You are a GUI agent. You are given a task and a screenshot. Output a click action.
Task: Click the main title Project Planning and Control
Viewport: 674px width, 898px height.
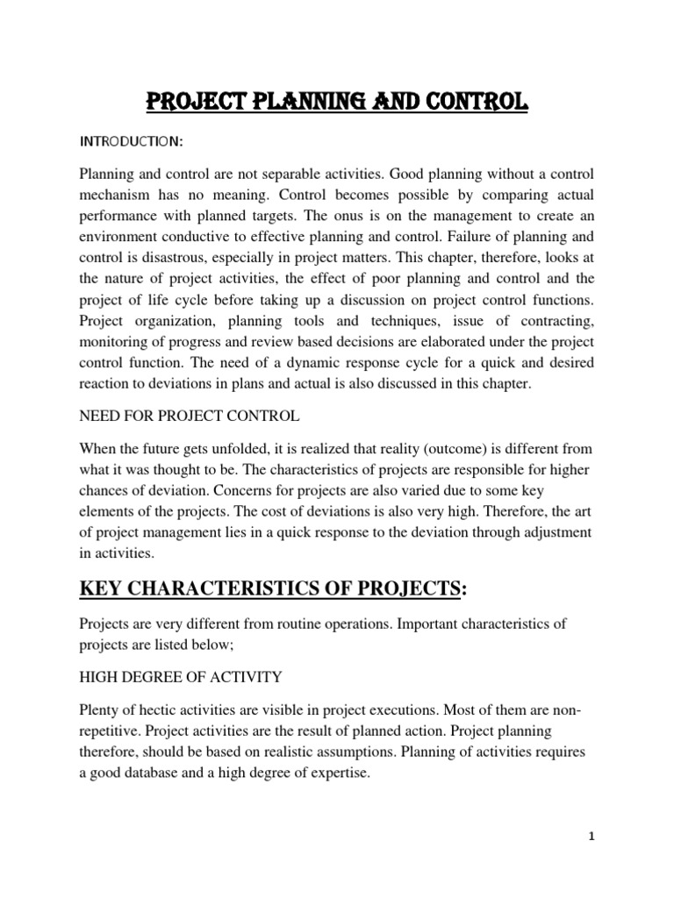click(x=337, y=103)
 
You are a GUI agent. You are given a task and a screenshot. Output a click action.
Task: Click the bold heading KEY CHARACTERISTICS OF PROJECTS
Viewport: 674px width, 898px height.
click(x=272, y=589)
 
